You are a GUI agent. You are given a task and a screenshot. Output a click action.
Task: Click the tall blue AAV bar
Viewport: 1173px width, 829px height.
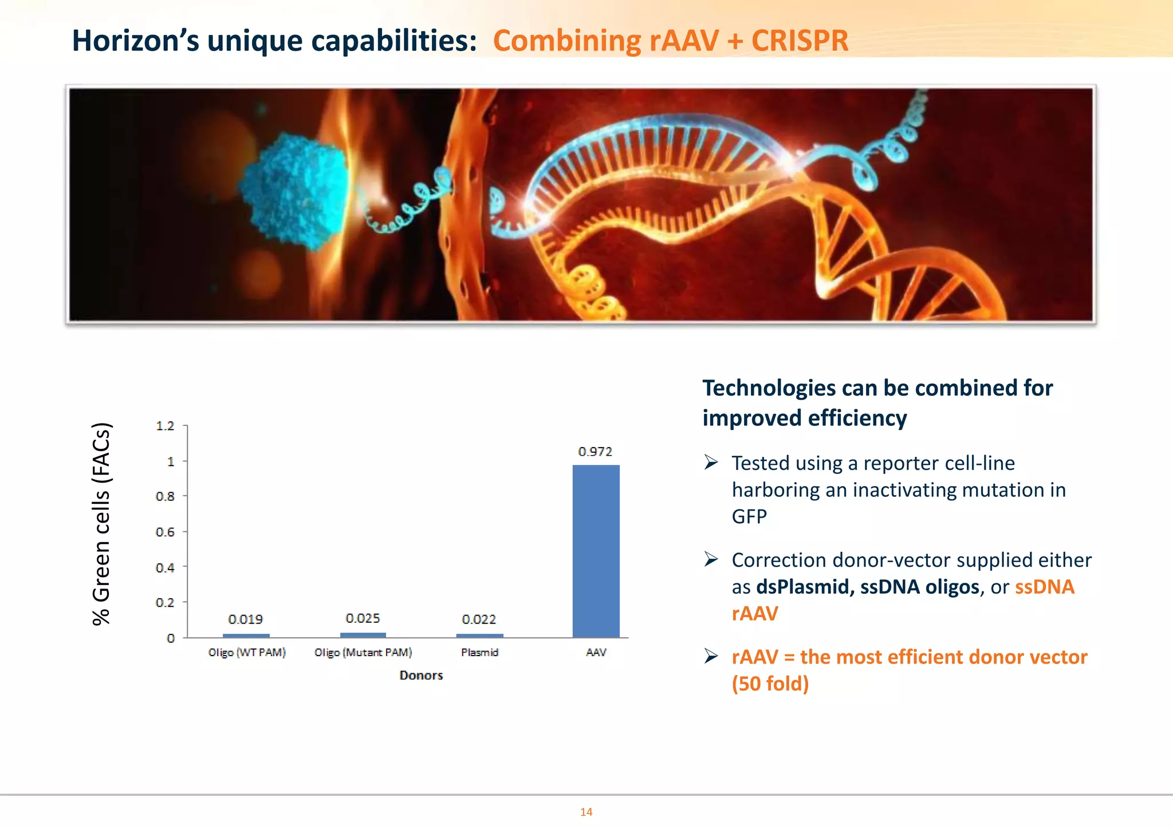(596, 551)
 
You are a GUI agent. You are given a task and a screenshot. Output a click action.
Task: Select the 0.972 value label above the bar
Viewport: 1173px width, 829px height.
(595, 452)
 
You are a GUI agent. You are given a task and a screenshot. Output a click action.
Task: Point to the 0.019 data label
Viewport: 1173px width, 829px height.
(245, 619)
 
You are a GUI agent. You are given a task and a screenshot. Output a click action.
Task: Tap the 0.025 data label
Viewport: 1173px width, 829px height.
(363, 618)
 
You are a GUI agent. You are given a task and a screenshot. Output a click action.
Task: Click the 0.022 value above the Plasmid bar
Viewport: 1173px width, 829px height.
(479, 619)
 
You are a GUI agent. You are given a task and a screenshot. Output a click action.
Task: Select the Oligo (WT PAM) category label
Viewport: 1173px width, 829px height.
(247, 653)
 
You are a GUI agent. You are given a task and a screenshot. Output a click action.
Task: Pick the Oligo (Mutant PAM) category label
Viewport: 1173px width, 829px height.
(363, 653)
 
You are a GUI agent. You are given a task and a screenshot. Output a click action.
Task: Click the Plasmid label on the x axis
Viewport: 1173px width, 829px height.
(479, 653)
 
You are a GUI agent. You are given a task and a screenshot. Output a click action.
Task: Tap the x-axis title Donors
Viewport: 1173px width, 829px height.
(421, 676)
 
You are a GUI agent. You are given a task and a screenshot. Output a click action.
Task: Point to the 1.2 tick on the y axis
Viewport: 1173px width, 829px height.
(165, 426)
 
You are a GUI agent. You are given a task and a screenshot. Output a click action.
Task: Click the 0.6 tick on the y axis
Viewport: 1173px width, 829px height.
(165, 532)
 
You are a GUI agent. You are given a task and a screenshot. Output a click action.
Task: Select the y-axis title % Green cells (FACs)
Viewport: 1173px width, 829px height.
(101, 524)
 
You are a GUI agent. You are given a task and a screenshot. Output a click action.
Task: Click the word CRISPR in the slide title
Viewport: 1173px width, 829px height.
(800, 41)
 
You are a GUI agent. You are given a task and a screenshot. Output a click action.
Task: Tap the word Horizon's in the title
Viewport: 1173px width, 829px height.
(135, 41)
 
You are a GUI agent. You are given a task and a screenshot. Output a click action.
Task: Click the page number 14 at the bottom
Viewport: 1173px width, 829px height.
(586, 812)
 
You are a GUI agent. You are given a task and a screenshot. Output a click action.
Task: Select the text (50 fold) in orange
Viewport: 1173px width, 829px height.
(770, 684)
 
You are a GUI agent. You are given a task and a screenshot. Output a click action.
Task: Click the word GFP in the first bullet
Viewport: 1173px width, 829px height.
(749, 517)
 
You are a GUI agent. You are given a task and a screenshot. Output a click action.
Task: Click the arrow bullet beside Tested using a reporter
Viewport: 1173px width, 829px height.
(711, 462)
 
